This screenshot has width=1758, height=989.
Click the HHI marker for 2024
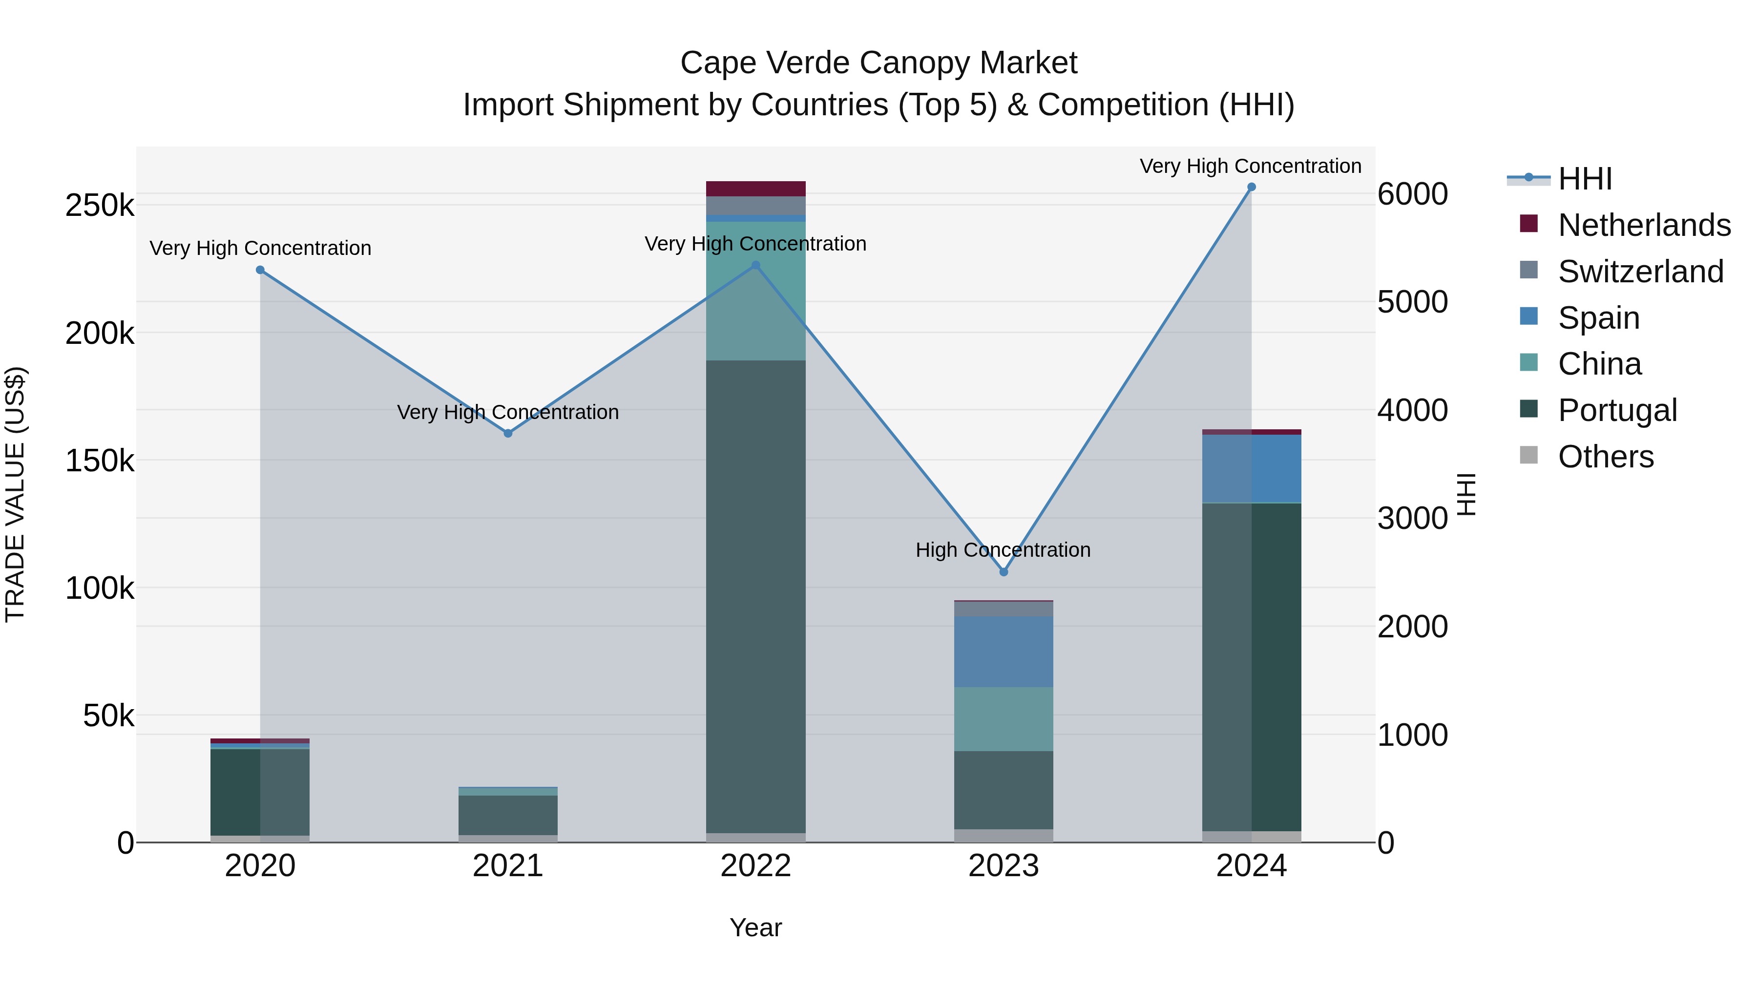point(1251,187)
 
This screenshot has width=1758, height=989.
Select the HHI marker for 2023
point(1003,572)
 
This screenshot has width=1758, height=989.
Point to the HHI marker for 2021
point(508,433)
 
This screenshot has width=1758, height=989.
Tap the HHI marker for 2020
point(260,270)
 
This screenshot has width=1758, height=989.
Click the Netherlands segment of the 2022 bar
point(755,189)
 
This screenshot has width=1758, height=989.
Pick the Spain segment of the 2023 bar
point(1003,652)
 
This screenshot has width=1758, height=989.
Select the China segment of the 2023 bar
point(1003,719)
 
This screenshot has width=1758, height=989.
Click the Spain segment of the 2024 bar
point(1251,469)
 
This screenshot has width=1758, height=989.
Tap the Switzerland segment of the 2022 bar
point(755,206)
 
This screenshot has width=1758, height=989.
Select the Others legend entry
point(1605,457)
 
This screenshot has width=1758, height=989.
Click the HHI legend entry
point(1585,179)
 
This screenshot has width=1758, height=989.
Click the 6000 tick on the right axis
point(1412,194)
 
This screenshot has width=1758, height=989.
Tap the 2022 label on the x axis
point(755,866)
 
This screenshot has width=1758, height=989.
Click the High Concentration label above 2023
point(1003,550)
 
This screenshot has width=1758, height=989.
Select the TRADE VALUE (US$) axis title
point(15,494)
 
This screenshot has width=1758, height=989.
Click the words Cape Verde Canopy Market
point(879,63)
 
